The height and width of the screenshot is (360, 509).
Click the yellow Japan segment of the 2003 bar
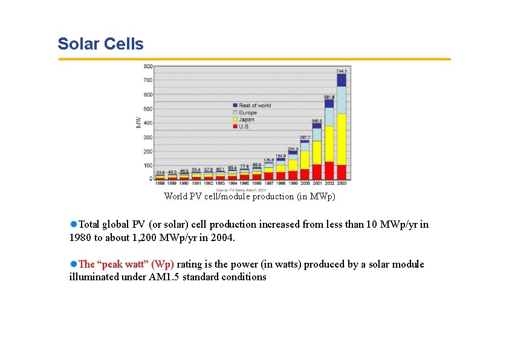(342, 139)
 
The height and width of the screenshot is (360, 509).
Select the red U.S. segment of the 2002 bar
(329, 170)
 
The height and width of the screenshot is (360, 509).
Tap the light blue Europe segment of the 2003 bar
(342, 100)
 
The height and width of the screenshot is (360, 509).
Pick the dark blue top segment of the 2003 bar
(342, 80)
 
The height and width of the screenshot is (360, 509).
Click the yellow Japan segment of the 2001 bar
(317, 152)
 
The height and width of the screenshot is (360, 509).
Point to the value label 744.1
(342, 71)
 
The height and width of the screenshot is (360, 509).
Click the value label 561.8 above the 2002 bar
(329, 96)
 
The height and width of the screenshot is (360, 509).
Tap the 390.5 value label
(317, 121)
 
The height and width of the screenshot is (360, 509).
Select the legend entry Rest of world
(254, 106)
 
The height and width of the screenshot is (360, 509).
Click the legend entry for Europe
(247, 112)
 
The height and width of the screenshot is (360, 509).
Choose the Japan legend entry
(246, 120)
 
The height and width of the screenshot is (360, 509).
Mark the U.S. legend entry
(245, 126)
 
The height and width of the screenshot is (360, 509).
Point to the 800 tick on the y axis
(148, 66)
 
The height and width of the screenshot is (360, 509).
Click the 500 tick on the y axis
(148, 109)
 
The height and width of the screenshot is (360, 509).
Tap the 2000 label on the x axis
(305, 182)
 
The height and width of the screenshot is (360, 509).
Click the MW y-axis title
(138, 122)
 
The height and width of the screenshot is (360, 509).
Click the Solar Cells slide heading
(100, 44)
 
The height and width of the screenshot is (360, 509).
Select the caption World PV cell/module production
(249, 196)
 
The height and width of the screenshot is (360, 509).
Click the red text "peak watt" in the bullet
(127, 264)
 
